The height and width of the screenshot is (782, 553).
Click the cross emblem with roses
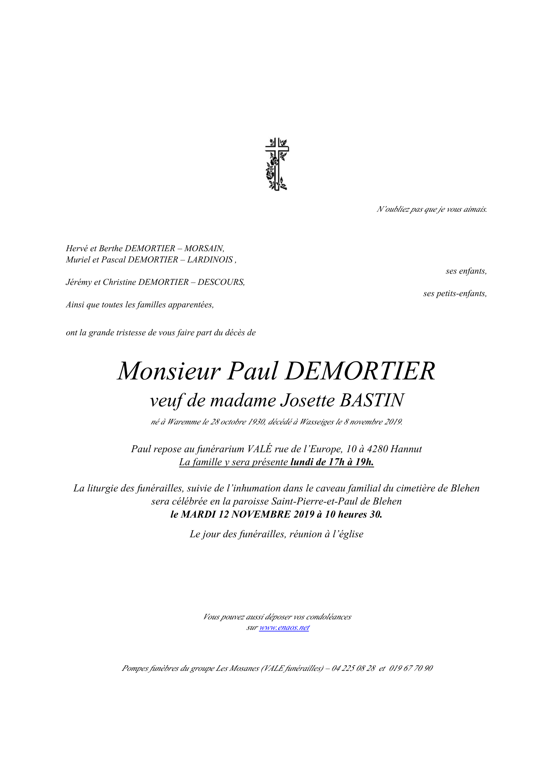coord(276,164)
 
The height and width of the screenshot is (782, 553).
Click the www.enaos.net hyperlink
coord(284,628)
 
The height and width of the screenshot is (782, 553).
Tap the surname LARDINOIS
coord(210,260)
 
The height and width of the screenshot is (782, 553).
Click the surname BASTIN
coord(372,400)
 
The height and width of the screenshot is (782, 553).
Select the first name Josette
coord(307,400)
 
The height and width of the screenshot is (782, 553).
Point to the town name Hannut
coord(406,449)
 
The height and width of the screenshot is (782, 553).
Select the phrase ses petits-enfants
coord(455,293)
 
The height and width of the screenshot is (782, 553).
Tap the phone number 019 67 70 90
coord(411,668)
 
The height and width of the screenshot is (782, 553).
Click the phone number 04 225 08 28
coord(354,668)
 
